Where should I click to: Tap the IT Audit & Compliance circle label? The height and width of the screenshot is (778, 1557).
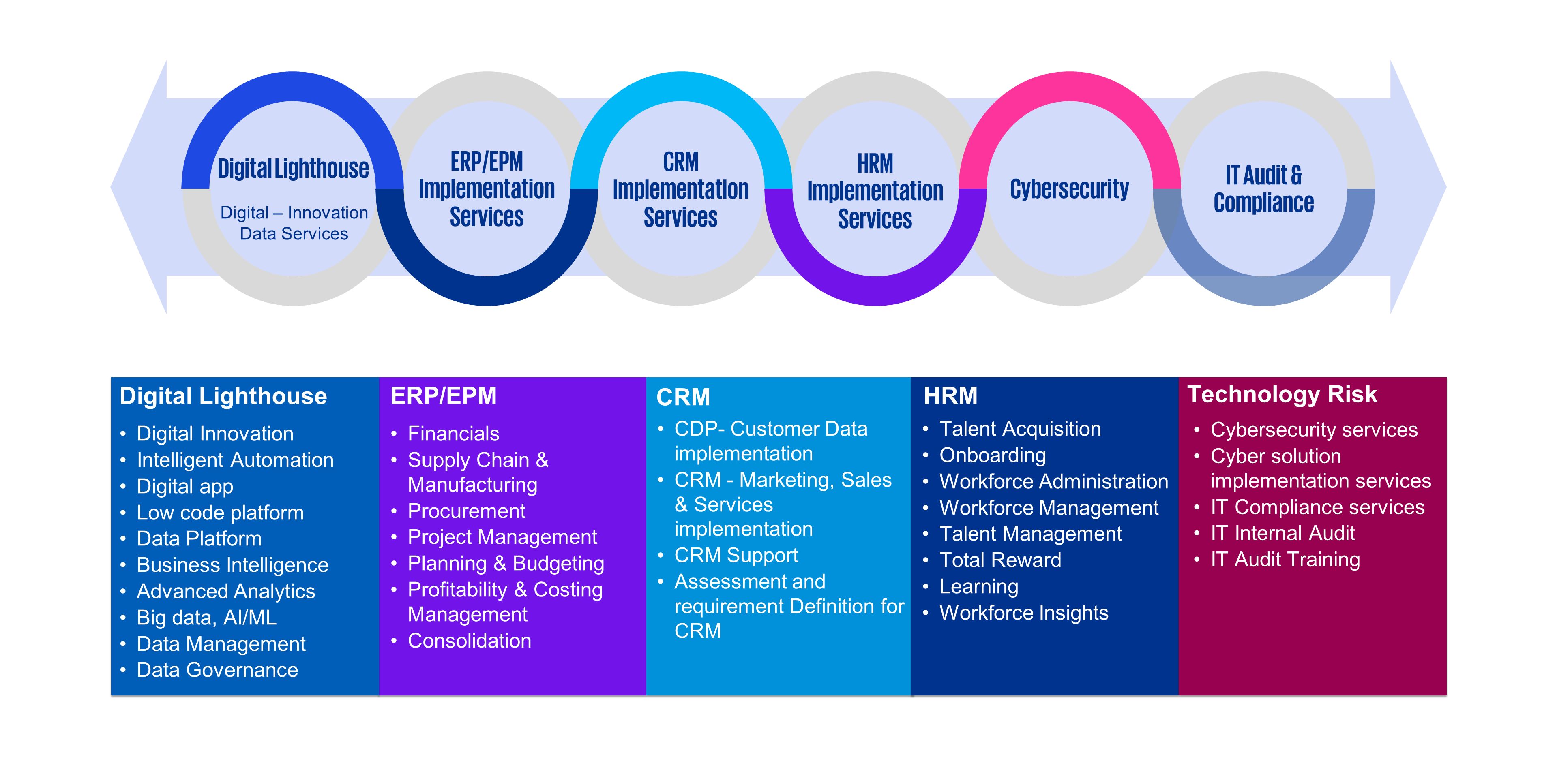click(x=1263, y=189)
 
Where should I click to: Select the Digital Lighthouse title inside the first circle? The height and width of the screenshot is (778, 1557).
click(x=293, y=169)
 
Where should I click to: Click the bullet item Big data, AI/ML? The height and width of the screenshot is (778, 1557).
click(x=206, y=617)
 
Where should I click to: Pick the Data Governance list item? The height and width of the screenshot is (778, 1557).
click(x=217, y=670)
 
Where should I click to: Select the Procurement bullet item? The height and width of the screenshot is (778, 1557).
click(x=466, y=511)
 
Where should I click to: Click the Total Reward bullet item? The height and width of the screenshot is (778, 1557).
click(x=1000, y=560)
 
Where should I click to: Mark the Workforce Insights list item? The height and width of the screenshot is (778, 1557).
click(x=1023, y=613)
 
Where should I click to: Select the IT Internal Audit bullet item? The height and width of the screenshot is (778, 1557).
click(x=1282, y=533)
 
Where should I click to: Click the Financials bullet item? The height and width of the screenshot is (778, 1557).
click(x=453, y=434)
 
